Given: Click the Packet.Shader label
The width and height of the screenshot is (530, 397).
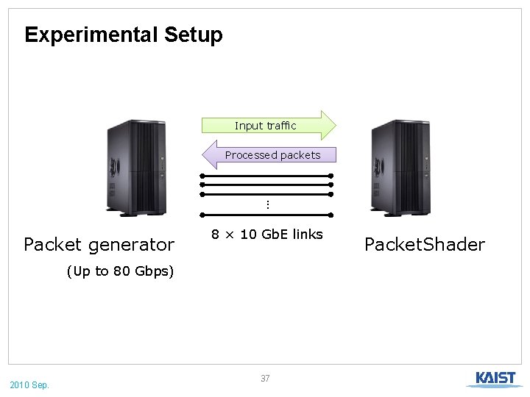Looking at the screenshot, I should click(x=425, y=244).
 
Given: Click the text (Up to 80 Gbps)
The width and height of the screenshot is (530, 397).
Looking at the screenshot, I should click(x=120, y=271).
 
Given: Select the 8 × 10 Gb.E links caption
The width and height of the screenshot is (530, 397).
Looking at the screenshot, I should click(x=267, y=235).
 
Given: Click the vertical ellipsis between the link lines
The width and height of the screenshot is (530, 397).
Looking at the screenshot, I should click(x=268, y=204).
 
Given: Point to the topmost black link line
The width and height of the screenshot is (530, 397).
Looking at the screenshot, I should click(x=266, y=176).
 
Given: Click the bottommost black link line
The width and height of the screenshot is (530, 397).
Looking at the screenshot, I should click(x=266, y=215).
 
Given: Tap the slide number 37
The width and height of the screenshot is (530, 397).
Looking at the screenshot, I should click(x=265, y=379).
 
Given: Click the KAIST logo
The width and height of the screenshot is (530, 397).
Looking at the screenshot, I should click(x=495, y=379).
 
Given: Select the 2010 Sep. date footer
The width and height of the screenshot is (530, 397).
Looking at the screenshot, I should click(x=29, y=385).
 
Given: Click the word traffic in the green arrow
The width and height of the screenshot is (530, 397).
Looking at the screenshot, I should click(x=281, y=126).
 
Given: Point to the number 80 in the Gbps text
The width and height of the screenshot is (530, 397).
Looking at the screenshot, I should click(x=121, y=271).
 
